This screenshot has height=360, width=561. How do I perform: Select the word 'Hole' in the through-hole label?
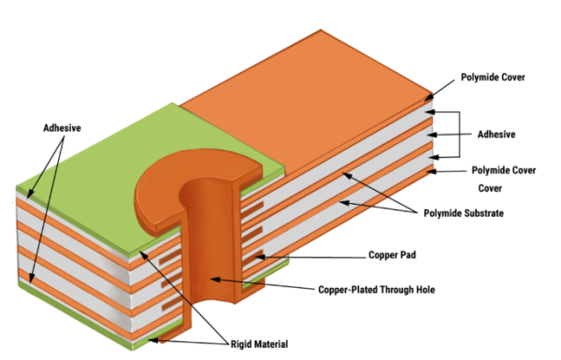(422, 289)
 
